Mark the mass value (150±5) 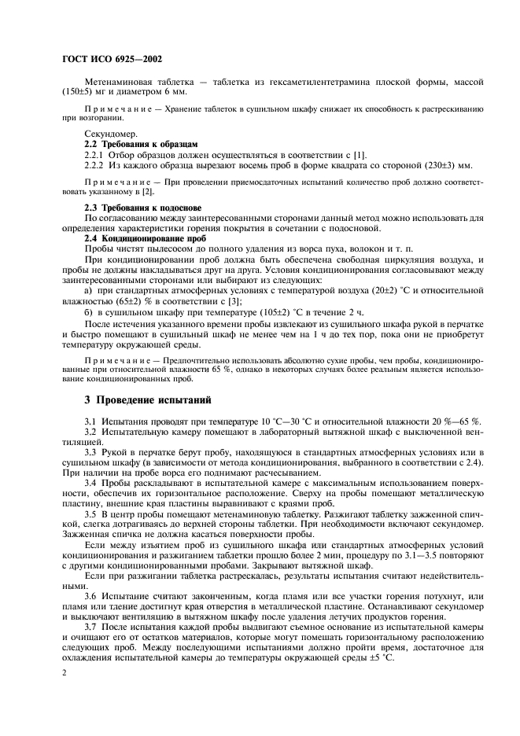[74, 92]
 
